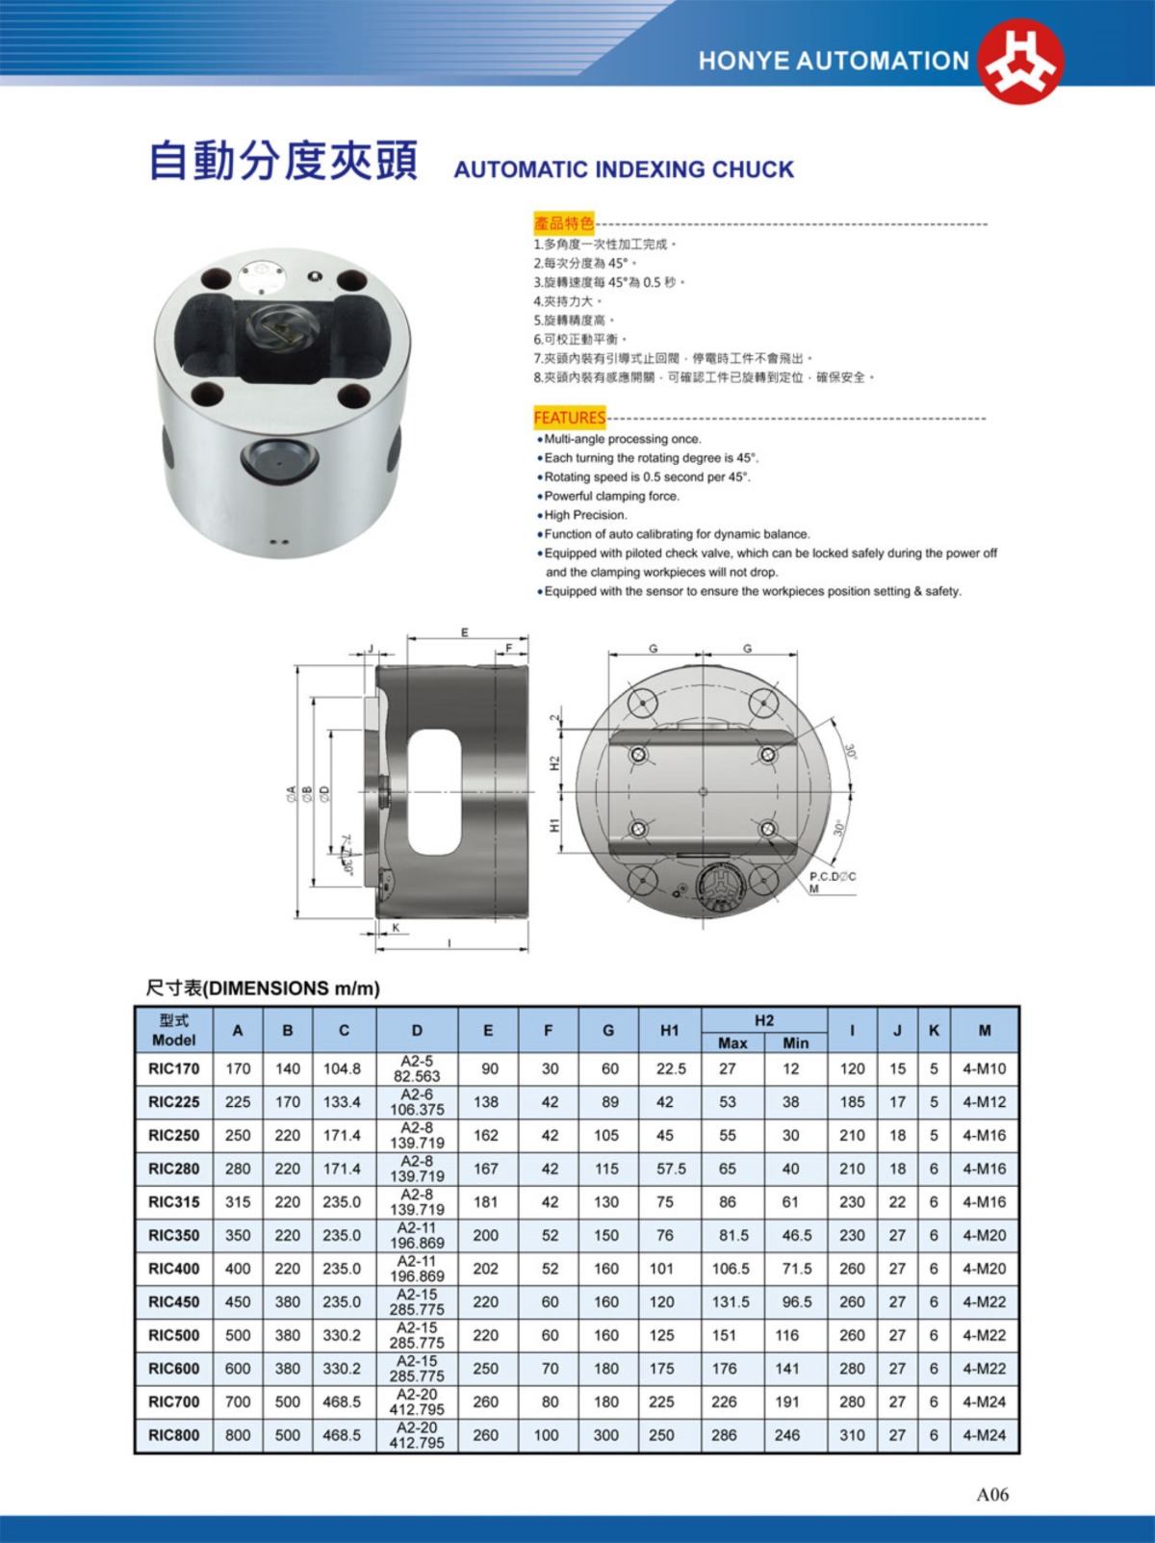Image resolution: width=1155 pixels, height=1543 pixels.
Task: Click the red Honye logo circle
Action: click(1021, 61)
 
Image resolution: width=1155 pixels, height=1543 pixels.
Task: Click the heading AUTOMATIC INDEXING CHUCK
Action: click(624, 169)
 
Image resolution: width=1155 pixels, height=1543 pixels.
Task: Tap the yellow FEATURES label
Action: click(569, 418)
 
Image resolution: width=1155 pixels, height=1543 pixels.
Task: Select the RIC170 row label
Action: click(173, 1068)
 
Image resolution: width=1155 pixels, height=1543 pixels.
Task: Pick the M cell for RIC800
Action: click(984, 1435)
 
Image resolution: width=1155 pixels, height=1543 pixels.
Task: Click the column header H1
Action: click(669, 1030)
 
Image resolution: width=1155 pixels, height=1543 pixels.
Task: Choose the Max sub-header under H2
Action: click(732, 1042)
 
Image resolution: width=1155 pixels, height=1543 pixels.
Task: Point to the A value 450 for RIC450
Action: click(238, 1301)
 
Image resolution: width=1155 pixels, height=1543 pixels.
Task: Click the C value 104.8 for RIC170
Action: click(342, 1068)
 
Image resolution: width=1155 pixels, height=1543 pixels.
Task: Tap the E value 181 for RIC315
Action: click(486, 1201)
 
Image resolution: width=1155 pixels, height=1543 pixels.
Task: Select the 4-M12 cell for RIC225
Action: click(984, 1102)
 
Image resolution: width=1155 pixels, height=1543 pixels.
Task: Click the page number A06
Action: click(992, 1494)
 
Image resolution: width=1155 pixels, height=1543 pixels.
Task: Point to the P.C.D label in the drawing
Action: click(832, 877)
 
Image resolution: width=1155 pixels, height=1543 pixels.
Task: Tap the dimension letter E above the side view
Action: click(465, 633)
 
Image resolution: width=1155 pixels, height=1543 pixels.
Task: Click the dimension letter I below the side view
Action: click(449, 944)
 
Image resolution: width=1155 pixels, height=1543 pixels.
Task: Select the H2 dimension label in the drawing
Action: click(554, 762)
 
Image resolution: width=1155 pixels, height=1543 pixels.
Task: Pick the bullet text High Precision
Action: click(585, 515)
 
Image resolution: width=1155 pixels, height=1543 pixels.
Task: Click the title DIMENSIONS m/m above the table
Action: click(263, 989)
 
